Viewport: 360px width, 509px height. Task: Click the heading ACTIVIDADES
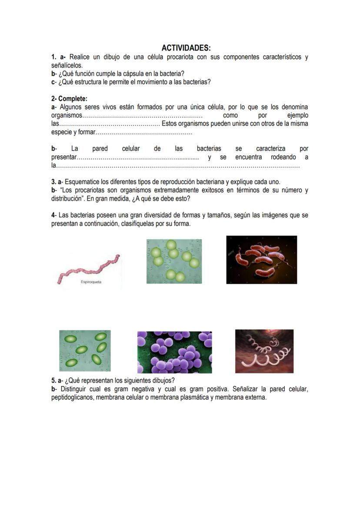pyautogui.click(x=186, y=48)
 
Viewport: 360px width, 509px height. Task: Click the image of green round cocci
pyautogui.click(x=174, y=261)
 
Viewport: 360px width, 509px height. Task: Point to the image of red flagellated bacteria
pyautogui.click(x=261, y=260)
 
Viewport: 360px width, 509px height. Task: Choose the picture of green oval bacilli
pyautogui.click(x=85, y=350)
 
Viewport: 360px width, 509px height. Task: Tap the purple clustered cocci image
pyautogui.click(x=175, y=352)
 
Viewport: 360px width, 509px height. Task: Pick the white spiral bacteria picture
pyautogui.click(x=264, y=351)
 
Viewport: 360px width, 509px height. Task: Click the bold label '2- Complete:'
pyautogui.click(x=69, y=99)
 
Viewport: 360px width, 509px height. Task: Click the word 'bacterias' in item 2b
pyautogui.click(x=209, y=149)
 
